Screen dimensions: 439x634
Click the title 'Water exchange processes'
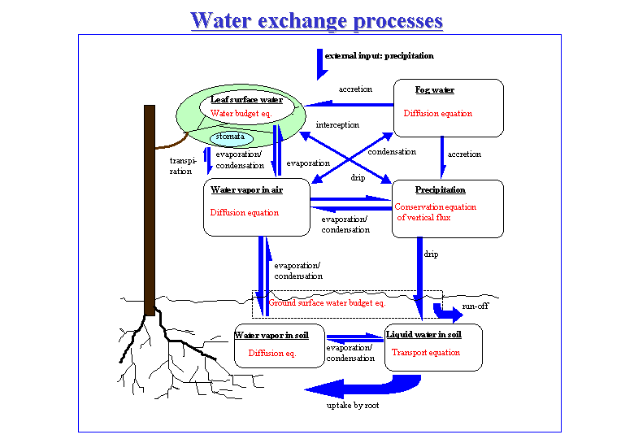click(316, 20)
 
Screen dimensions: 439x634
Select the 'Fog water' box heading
click(436, 90)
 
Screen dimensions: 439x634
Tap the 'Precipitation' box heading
click(441, 190)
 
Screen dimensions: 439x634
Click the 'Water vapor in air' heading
click(247, 190)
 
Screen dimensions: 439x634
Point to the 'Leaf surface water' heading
click(246, 99)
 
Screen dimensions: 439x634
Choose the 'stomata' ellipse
click(232, 137)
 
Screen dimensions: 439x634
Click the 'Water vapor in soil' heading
click(278, 335)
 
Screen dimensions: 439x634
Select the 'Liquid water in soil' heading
click(423, 334)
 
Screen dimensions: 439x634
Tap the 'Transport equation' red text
click(426, 353)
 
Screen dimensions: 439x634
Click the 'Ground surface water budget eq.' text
click(327, 302)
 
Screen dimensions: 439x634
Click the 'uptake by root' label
click(354, 405)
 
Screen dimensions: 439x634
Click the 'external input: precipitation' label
click(380, 56)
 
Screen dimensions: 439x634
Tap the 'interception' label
click(337, 125)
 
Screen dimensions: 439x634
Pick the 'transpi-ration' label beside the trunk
click(181, 166)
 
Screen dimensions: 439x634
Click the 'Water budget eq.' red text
click(241, 114)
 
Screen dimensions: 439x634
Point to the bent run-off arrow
click(446, 311)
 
